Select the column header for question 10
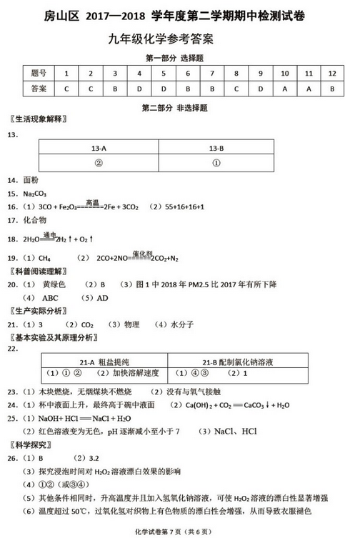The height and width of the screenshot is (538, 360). point(284,74)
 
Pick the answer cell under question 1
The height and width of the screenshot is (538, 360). point(66,89)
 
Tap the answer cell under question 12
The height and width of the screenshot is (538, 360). point(332,89)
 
